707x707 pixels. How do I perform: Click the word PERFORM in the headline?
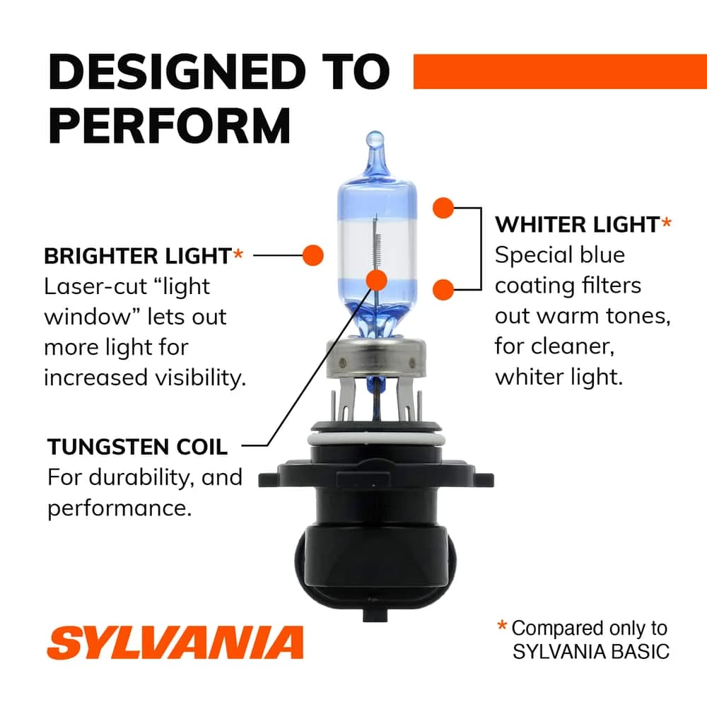coord(170,126)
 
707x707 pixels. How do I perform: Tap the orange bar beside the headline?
coord(559,71)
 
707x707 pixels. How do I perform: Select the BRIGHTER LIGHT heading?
coord(138,255)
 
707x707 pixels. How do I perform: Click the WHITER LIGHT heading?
coord(576,225)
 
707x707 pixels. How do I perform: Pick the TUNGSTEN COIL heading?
coord(138,447)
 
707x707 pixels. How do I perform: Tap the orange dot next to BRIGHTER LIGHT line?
coord(312,255)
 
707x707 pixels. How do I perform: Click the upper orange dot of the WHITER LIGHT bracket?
coord(443,208)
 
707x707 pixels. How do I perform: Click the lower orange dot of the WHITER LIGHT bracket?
coord(443,288)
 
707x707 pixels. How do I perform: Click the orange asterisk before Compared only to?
coord(502,626)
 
